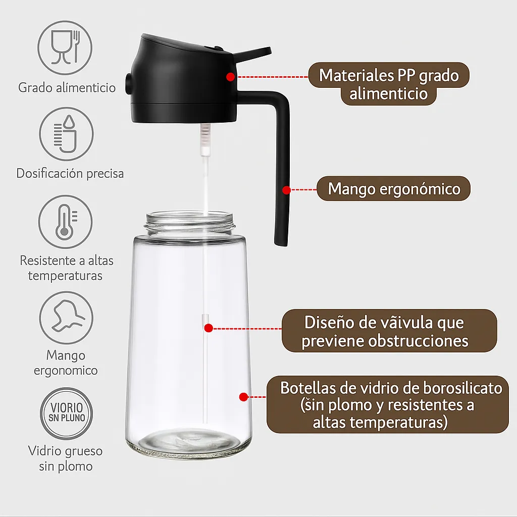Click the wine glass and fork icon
66,47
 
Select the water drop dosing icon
66,134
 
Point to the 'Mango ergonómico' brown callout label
394,189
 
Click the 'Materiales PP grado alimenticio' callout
389,84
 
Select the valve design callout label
389,331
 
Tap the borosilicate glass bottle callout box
388,404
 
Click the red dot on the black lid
230,77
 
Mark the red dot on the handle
286,190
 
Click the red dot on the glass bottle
243,397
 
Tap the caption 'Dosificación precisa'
70,173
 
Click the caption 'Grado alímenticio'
67,87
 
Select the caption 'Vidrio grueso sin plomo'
66,458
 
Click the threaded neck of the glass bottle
190,222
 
